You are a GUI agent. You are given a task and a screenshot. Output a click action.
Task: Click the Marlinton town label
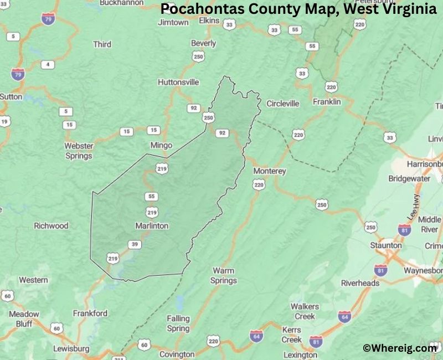point(152,225)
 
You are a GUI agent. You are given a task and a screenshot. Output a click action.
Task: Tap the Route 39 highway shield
point(135,244)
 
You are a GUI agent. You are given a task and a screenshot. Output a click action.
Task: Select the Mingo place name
point(161,145)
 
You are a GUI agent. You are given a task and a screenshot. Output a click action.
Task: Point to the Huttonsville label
point(178,82)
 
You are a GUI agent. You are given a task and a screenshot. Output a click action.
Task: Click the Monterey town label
point(269,171)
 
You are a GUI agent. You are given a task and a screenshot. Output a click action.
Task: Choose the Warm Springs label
point(224,275)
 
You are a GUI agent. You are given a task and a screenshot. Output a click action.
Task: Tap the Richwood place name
point(51,225)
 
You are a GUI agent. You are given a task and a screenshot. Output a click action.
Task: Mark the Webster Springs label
point(79,151)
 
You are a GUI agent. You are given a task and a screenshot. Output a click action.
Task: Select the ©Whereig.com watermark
point(400,348)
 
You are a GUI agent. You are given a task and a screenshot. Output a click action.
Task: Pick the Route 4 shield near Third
point(48,65)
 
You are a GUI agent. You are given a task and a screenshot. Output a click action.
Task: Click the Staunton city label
point(387,245)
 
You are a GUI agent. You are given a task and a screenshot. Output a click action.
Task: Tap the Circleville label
point(282,104)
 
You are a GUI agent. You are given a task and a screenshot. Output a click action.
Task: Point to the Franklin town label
point(327,102)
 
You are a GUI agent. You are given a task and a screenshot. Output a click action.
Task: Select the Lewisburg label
point(71,349)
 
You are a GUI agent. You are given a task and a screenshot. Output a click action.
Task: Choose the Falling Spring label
point(178,323)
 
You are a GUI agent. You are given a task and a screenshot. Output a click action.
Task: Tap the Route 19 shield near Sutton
point(5,121)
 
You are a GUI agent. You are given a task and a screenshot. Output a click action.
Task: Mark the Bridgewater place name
point(409,179)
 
